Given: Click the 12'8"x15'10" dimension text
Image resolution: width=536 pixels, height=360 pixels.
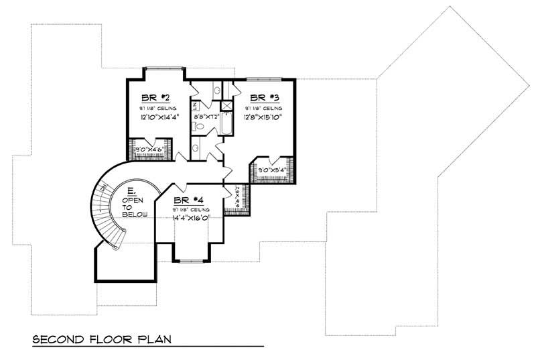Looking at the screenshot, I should [x=263, y=117].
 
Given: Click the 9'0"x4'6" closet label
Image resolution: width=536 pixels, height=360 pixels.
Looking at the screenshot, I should [x=150, y=149].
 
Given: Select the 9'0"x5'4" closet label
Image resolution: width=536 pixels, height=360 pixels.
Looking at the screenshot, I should [x=271, y=170].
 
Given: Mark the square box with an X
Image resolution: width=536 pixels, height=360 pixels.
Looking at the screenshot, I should [x=226, y=105].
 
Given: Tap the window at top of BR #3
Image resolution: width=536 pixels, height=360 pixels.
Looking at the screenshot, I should [x=264, y=78].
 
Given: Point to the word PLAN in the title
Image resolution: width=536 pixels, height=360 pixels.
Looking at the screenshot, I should [x=153, y=339].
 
